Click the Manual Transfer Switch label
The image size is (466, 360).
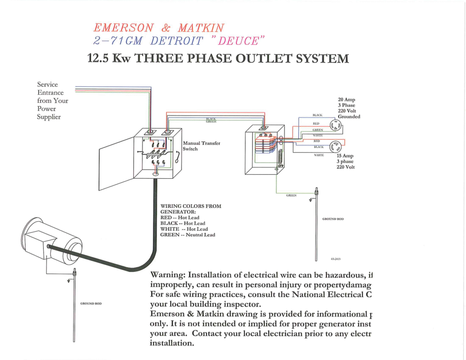[201, 146]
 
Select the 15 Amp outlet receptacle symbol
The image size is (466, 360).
[337, 146]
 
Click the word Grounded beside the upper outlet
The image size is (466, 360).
[349, 117]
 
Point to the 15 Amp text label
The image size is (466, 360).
[345, 155]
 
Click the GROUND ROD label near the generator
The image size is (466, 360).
[91, 303]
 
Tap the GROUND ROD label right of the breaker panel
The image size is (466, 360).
[333, 219]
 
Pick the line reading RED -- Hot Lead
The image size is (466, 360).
[180, 218]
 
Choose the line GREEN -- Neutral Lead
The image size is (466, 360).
[187, 235]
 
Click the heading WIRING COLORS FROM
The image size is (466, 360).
[191, 206]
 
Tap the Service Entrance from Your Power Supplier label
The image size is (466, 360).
[52, 101]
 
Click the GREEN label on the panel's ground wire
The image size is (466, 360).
[291, 195]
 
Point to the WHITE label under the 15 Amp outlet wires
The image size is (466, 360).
[319, 155]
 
